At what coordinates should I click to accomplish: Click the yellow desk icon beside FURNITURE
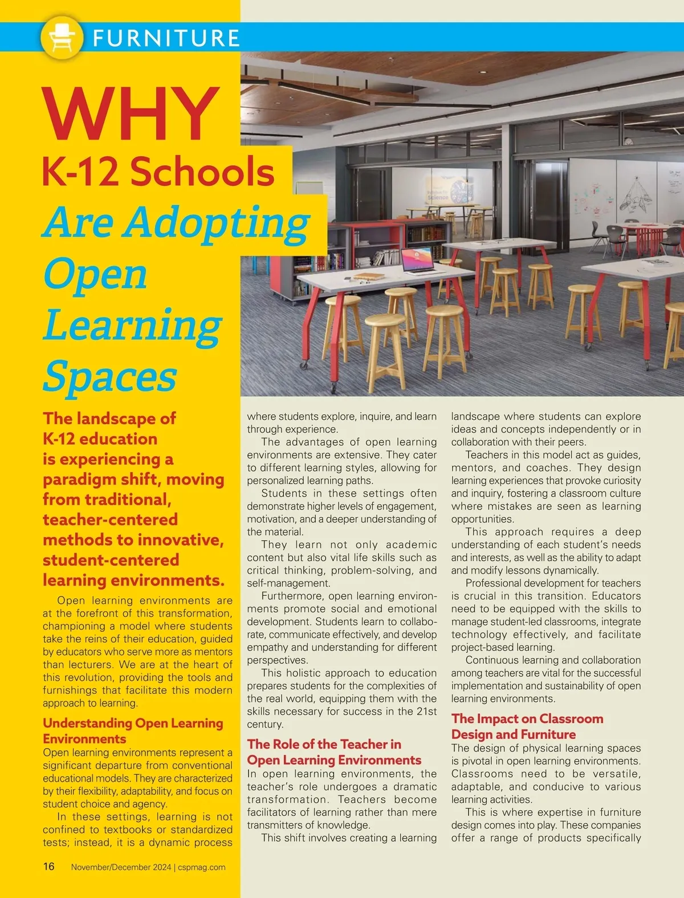click(x=62, y=37)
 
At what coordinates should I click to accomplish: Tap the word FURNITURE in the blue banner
click(x=166, y=38)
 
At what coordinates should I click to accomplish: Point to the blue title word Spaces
click(x=110, y=376)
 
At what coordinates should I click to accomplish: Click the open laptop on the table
click(x=416, y=261)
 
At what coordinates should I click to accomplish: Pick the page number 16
click(x=49, y=867)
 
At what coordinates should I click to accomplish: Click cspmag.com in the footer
click(x=201, y=867)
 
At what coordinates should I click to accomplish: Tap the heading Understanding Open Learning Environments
click(x=132, y=730)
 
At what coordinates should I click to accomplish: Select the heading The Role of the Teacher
click(x=324, y=744)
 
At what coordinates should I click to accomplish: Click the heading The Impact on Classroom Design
click(x=527, y=726)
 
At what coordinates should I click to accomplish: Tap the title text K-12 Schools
click(x=158, y=172)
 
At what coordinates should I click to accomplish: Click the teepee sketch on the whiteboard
click(x=637, y=194)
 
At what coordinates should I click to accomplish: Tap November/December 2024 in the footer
click(x=121, y=867)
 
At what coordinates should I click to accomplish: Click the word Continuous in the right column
click(x=491, y=660)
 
